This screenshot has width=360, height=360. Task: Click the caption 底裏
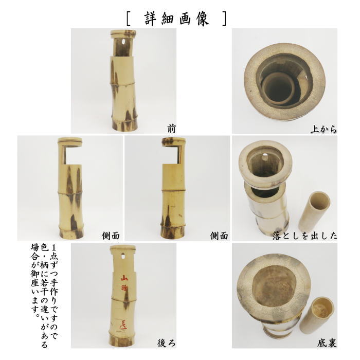327,341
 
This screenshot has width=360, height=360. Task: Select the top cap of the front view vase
123,34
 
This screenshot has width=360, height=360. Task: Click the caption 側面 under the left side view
111,236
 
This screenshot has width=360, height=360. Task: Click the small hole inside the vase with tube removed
267,155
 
